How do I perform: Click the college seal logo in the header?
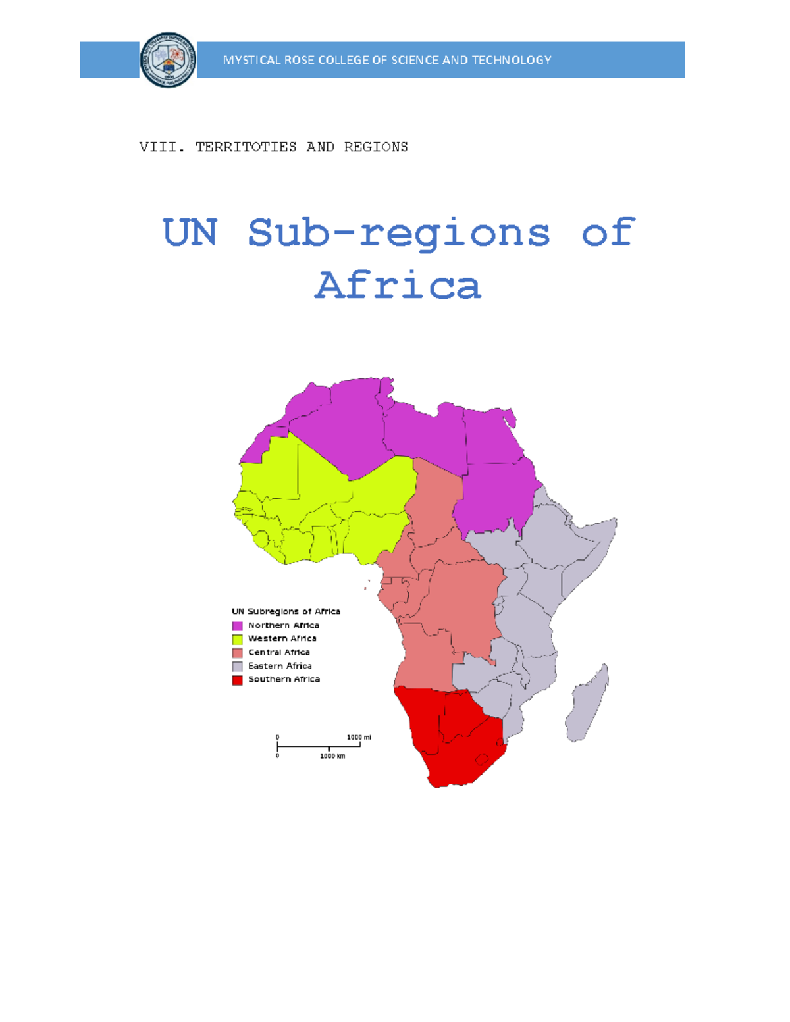pos(168,60)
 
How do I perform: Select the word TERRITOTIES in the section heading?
pos(246,147)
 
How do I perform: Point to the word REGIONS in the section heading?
pos(376,147)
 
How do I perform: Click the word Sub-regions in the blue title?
pos(398,232)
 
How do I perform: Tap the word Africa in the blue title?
pos(398,285)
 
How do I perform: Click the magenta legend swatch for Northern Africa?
pos(237,626)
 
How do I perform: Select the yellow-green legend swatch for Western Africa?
pos(237,639)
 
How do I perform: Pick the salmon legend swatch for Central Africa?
pos(237,653)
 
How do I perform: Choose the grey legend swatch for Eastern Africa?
pos(237,667)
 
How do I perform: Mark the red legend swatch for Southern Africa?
pos(237,680)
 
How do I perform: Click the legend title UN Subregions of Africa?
pos(286,611)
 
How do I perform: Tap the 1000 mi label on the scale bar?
pos(359,737)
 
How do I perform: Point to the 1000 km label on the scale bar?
pos(332,756)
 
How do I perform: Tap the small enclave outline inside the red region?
pos(482,759)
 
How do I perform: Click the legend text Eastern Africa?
pos(280,666)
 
